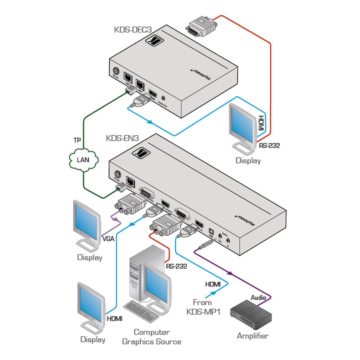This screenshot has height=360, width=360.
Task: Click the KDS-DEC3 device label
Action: pos(133,30)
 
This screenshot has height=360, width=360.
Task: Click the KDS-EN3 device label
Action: pos(122,138)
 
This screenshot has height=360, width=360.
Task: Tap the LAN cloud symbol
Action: pos(83,160)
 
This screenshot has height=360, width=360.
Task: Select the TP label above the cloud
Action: pos(77,140)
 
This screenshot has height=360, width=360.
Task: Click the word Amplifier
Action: pos(253,336)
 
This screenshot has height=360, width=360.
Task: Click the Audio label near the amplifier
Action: pos(258,298)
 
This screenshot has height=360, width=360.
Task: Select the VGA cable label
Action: pos(108,239)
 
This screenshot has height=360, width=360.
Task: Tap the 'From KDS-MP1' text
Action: pos(203,307)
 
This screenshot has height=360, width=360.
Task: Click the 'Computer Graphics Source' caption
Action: pos(151,337)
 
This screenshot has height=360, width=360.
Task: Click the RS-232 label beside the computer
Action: pos(177,266)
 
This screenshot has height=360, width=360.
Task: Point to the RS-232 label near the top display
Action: pos(269,146)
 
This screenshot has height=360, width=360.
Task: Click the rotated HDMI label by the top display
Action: pos(261,123)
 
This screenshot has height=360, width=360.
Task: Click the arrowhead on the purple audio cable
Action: pos(230,273)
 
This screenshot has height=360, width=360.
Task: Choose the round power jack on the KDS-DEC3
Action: pos(115,71)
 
